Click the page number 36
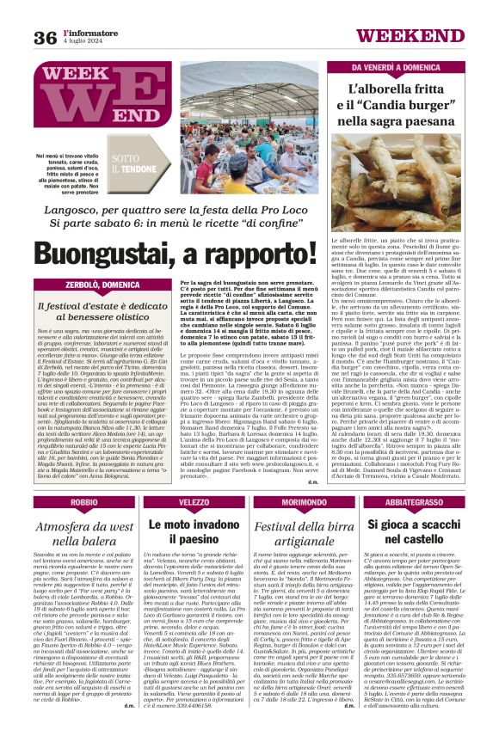[x=45, y=37]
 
